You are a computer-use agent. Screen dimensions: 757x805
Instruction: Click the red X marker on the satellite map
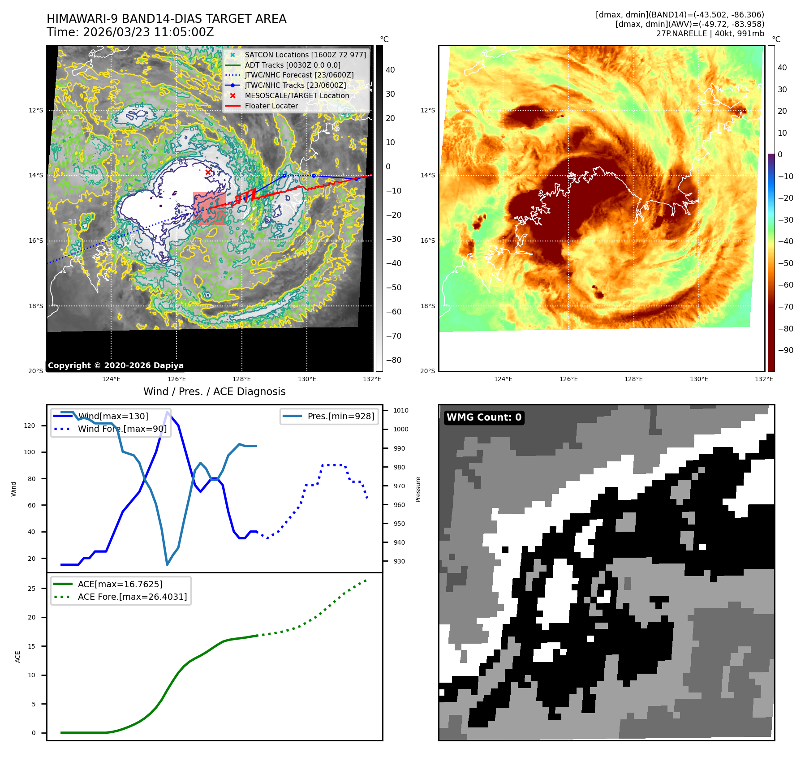[x=208, y=172]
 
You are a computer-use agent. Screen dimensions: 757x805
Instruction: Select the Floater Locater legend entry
[x=271, y=106]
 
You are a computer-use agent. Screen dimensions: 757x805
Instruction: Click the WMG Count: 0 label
[x=484, y=417]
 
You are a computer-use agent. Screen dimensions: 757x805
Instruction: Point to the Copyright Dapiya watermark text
[x=116, y=366]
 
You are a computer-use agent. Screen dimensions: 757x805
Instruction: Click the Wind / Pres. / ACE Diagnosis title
[x=214, y=391]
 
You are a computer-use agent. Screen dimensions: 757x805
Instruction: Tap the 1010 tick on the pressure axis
[x=400, y=410]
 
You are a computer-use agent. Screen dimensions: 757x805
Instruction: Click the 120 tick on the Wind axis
[x=30, y=426]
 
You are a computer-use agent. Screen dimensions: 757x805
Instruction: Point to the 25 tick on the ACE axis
[x=31, y=589]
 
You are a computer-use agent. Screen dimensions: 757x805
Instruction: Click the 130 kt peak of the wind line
[x=168, y=412]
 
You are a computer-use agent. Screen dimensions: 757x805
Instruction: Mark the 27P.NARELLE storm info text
[x=710, y=34]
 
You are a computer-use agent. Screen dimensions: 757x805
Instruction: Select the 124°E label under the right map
[x=503, y=379]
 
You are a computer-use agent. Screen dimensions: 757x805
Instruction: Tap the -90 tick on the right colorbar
[x=785, y=350]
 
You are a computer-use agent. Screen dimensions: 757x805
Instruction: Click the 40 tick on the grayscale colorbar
[x=390, y=70]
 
